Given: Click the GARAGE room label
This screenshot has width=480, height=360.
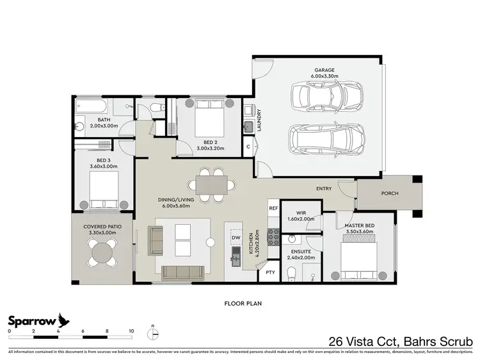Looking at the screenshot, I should coord(324,70).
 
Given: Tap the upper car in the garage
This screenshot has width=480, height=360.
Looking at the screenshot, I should coord(327,97).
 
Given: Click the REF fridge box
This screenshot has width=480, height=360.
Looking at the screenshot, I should coord(273,209).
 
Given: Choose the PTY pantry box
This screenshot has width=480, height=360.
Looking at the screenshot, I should coord(271,272).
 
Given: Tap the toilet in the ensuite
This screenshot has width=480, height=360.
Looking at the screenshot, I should coord(292,274).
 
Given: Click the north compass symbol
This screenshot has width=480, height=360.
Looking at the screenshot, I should coord(153,333).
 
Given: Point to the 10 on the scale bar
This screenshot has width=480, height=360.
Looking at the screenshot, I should coord(131,331).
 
